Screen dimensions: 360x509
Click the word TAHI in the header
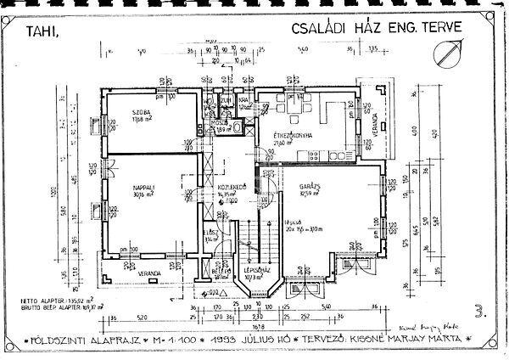tap(42, 33)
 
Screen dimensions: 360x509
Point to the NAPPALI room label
tap(143, 187)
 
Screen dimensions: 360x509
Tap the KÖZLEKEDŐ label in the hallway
tap(232, 186)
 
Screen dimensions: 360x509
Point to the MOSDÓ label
tap(218, 123)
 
